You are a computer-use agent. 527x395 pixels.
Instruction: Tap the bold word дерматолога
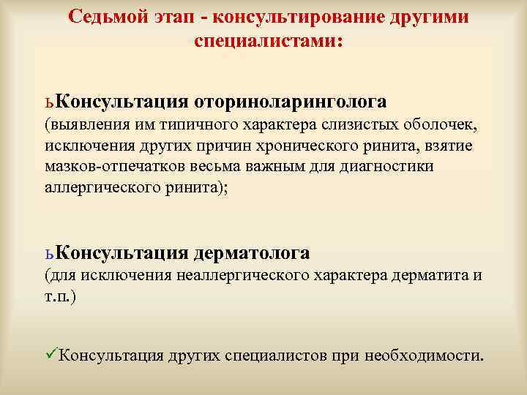[252, 253]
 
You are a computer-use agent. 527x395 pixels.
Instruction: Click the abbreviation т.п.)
[60, 296]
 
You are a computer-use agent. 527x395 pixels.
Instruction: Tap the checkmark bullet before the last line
[51, 355]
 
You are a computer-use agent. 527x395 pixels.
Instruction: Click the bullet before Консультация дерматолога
[49, 254]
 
